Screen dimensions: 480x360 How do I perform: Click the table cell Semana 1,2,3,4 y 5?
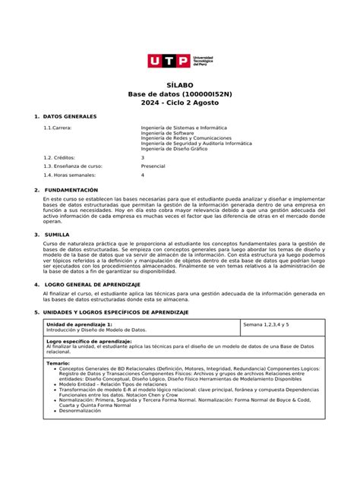[x=266, y=324]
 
